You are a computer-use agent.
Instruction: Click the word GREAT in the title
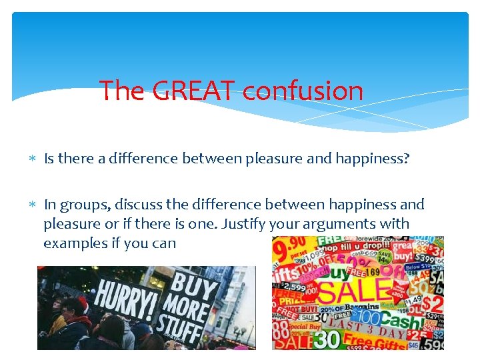(x=193, y=90)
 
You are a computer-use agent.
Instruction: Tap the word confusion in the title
(x=303, y=90)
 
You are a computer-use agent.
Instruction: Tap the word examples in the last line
(x=73, y=243)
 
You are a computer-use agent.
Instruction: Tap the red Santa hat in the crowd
(x=81, y=304)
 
